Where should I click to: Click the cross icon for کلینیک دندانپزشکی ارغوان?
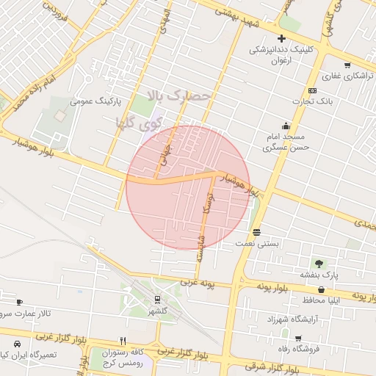click(x=280, y=38)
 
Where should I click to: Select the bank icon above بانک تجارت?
click(x=313, y=90)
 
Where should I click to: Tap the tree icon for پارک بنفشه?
click(x=318, y=263)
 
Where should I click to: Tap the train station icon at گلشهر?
click(x=157, y=299)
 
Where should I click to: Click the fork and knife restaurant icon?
click(x=123, y=340)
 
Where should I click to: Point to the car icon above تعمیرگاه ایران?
click(x=16, y=344)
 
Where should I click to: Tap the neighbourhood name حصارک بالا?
click(x=179, y=95)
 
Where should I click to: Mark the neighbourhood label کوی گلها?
click(x=137, y=122)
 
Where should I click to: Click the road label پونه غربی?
click(x=198, y=282)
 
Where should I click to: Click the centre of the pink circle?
click(x=187, y=187)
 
